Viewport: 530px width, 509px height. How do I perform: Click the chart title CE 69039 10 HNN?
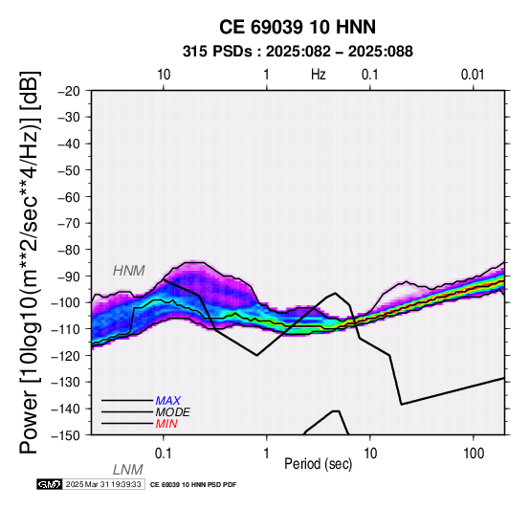pos(298,27)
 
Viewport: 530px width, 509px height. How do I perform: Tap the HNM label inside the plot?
pos(129,271)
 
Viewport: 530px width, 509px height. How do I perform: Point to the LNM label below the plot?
pos(128,470)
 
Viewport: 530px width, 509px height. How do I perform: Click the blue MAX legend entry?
pos(168,401)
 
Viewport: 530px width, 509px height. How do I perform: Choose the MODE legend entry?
pos(173,412)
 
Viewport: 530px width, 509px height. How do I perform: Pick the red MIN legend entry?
pos(166,424)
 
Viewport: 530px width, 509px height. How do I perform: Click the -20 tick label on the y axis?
pos(69,91)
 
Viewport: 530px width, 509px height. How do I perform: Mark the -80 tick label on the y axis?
pos(69,250)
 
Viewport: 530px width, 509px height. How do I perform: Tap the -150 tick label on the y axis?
pos(66,435)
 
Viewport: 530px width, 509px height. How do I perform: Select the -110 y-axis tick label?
pos(66,329)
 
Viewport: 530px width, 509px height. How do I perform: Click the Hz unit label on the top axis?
pos(318,75)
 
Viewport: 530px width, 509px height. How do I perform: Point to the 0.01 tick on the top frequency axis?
pos(473,75)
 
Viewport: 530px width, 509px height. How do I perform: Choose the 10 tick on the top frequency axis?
pos(164,75)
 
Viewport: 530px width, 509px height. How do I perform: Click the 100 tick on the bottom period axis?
pos(474,454)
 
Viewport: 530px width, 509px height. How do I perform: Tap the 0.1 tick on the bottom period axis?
pos(164,454)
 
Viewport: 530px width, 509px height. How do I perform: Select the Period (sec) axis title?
pos(318,464)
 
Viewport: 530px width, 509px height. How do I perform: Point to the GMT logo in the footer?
pos(50,484)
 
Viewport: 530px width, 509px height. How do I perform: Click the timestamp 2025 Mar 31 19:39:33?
pos(103,484)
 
